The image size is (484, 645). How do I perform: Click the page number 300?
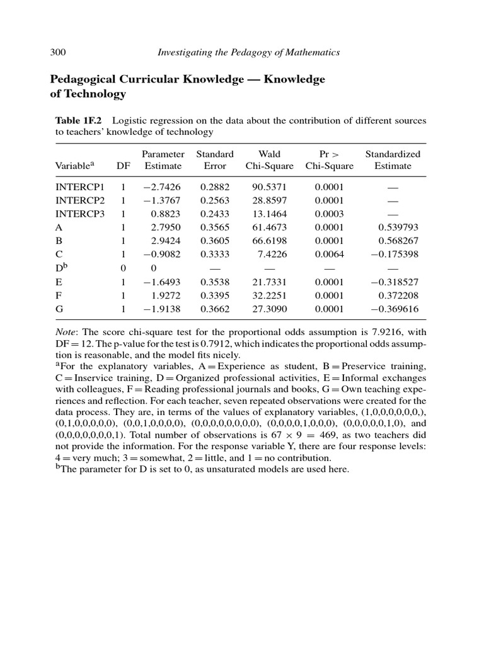pos(58,52)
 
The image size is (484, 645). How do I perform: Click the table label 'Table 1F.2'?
pos(79,120)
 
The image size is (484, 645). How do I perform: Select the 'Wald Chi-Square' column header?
pos(269,160)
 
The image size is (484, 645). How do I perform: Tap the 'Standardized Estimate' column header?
pos(393,160)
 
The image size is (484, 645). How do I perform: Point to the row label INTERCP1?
pos(80,187)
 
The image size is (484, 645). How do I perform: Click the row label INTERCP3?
pos(80,214)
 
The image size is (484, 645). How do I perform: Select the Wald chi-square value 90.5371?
pos(269,187)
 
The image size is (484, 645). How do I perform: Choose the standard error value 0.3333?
pos(215,254)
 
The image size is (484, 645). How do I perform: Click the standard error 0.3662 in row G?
pos(215,309)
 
